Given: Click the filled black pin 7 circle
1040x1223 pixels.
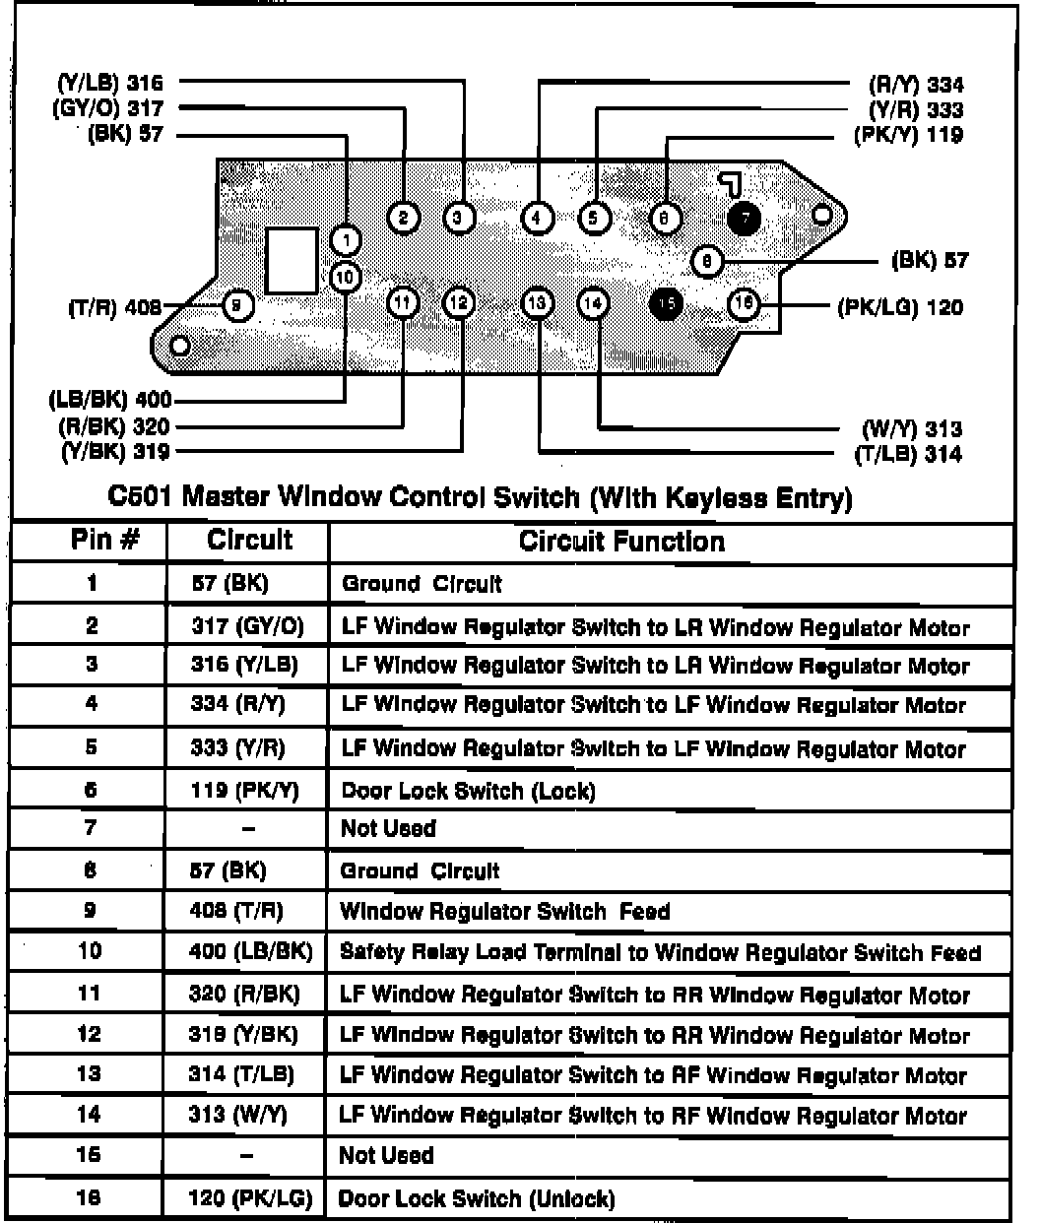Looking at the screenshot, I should point(745,218).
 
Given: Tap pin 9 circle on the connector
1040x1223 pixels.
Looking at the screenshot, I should point(238,305).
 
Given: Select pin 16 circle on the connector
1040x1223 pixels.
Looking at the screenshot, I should point(744,303).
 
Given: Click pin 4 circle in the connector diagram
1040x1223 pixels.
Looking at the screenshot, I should point(537,218).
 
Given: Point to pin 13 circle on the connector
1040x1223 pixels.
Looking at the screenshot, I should point(537,303).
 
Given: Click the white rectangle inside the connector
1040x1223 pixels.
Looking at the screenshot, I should point(292,261).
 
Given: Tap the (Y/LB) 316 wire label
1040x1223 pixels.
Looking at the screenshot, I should point(109,84).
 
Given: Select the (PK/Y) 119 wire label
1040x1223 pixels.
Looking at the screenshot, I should point(907,135).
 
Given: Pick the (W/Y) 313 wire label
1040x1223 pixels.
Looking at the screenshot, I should point(911,429).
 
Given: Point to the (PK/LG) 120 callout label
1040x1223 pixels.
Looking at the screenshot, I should point(900,307).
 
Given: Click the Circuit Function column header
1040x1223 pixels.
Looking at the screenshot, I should point(621,541).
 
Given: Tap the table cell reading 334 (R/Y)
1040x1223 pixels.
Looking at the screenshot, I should point(238,705).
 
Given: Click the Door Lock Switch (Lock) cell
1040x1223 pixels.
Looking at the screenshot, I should point(468,791).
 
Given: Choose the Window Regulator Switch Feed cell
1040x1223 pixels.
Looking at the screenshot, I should point(504,911).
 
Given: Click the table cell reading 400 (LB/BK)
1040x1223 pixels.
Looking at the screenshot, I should point(250,952).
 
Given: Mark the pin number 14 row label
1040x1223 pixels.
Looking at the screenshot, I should point(91,1115).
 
